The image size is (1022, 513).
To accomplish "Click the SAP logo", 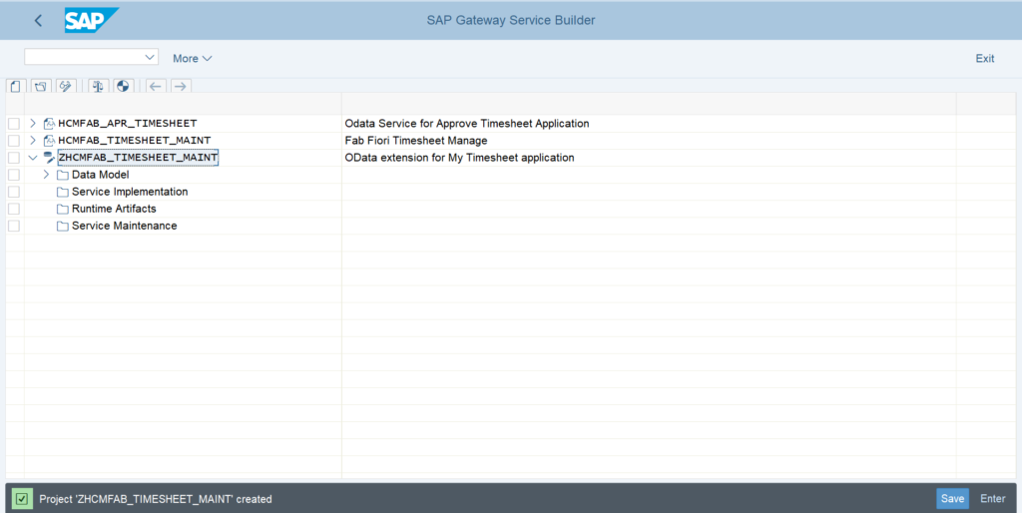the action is coord(91,20).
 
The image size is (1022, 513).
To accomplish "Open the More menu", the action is coord(193,59).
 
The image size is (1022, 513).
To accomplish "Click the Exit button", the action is coord(985,59).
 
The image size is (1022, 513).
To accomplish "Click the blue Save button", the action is coord(952,499).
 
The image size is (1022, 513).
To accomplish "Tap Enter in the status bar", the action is coord(993,499).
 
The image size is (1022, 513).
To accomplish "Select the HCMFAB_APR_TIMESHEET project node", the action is coord(127,123).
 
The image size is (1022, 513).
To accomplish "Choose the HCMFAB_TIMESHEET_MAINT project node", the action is coord(135,140).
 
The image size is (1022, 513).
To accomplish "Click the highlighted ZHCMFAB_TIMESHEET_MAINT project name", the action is coord(138,157).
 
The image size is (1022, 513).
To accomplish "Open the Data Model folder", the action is coord(101,175).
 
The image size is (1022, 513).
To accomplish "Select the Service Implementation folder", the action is coord(130,192).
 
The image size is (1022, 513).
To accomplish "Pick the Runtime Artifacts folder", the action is coord(114,209).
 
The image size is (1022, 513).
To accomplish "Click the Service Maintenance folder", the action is coord(125,226).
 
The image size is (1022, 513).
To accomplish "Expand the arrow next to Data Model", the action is coord(46,175).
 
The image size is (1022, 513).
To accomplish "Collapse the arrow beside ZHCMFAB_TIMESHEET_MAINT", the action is coord(33,158).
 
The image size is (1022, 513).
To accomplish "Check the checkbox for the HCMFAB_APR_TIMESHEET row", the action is coord(14,123).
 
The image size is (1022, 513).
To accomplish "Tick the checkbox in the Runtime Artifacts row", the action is coord(14,209).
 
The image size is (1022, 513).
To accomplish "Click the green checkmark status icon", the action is coord(22,499).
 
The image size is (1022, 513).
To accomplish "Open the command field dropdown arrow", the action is coord(150,57).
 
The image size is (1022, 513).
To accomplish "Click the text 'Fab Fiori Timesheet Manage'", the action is coord(416,141).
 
